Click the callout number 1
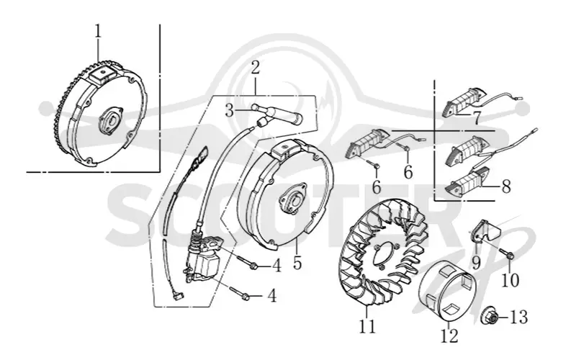pyautogui.click(x=98, y=32)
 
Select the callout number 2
pyautogui.click(x=256, y=68)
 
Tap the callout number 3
pyautogui.click(x=230, y=110)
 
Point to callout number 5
pyautogui.click(x=297, y=262)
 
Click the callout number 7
pyautogui.click(x=477, y=117)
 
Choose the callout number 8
pyautogui.click(x=506, y=186)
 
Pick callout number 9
pyautogui.click(x=476, y=262)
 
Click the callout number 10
pyautogui.click(x=510, y=280)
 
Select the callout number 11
pyautogui.click(x=367, y=326)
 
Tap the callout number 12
pyautogui.click(x=449, y=336)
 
